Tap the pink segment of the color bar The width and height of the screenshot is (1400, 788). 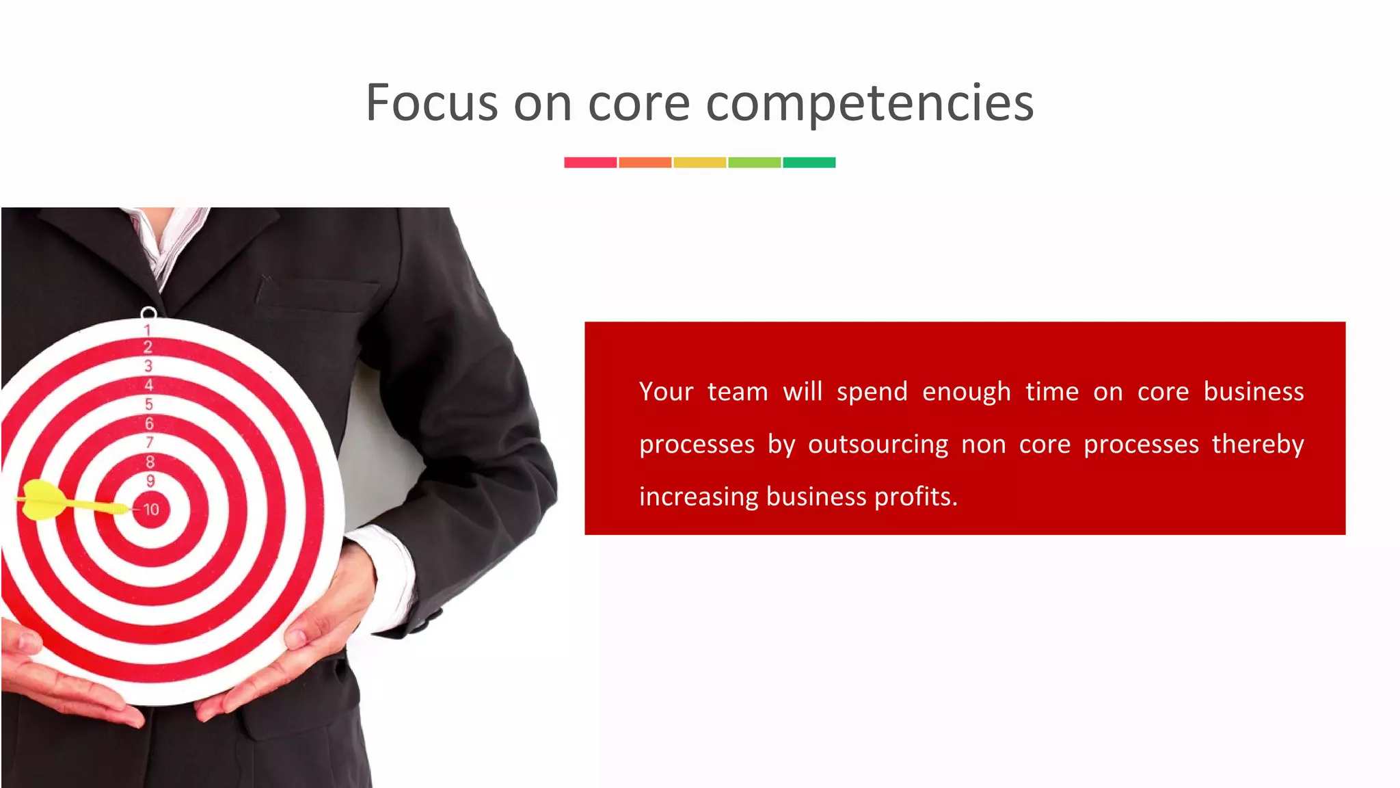(x=590, y=162)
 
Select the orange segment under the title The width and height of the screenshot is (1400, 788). (x=645, y=162)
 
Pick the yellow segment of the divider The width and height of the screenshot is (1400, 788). (x=699, y=162)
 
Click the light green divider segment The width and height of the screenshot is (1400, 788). (x=754, y=162)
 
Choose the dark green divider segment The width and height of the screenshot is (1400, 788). (x=809, y=162)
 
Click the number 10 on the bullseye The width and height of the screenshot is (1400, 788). (x=151, y=510)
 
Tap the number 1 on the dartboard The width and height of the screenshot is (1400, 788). (x=147, y=330)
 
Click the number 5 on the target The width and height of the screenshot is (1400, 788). (x=149, y=404)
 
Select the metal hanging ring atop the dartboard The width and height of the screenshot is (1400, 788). (x=148, y=313)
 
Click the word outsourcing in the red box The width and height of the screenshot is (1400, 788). (x=878, y=445)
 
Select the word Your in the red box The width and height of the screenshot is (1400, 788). (x=666, y=392)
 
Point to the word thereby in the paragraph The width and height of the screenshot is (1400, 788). (x=1258, y=445)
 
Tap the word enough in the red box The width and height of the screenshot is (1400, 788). (x=966, y=392)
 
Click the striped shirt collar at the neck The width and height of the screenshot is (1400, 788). (x=171, y=239)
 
